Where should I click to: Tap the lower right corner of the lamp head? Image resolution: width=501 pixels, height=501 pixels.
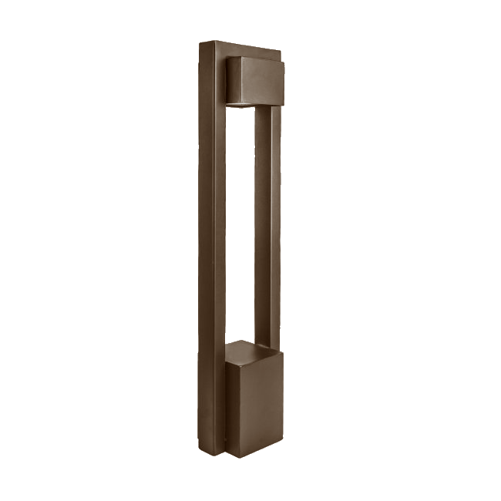pyautogui.click(x=283, y=104)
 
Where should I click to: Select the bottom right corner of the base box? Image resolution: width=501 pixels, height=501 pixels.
pyautogui.click(x=283, y=446)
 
